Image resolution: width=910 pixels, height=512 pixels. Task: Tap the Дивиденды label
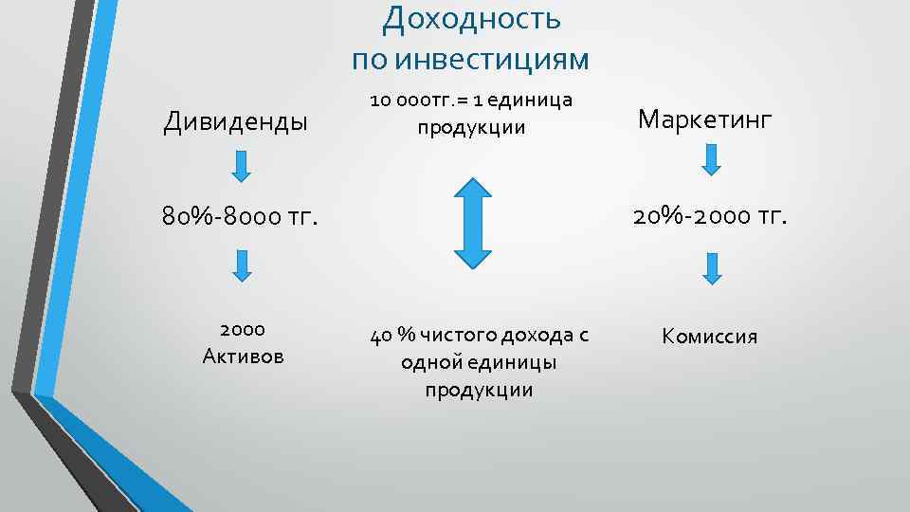point(235,122)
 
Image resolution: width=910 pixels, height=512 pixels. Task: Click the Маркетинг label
point(705,119)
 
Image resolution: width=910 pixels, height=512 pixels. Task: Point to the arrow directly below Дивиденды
point(242,166)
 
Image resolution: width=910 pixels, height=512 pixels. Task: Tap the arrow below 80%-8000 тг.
point(242,265)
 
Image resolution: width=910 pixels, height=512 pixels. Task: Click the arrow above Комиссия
point(712,266)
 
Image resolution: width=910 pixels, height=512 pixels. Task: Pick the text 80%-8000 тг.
point(237,217)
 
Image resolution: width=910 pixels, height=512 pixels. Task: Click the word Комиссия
point(710,337)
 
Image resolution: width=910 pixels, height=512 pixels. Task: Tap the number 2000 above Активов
point(242,329)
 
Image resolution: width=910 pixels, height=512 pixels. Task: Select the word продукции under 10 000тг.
point(472,127)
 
